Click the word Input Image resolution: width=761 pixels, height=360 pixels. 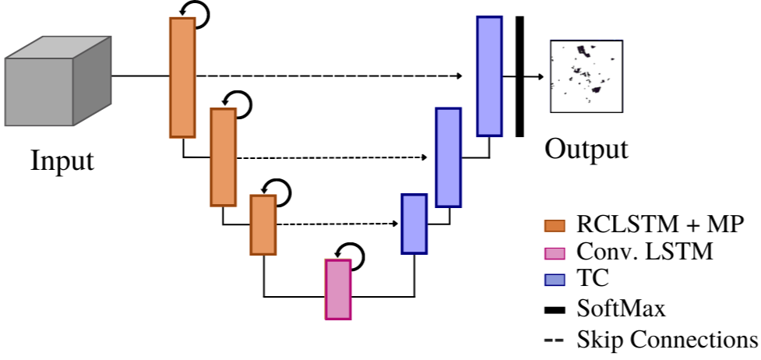(x=62, y=161)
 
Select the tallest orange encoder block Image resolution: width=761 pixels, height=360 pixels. (x=182, y=77)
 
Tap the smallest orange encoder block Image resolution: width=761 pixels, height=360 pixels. (x=263, y=224)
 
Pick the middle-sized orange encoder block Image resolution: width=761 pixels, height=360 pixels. (x=223, y=157)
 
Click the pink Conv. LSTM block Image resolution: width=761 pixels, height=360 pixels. (x=338, y=289)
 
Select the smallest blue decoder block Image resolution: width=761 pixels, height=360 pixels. (x=414, y=224)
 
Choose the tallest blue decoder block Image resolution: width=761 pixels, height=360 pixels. (x=489, y=76)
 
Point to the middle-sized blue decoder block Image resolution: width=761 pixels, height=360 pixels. (x=448, y=157)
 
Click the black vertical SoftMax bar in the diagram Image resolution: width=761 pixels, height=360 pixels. (x=520, y=76)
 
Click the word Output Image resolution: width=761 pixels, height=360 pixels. (x=586, y=148)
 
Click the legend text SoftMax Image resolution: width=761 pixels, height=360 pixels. (x=621, y=309)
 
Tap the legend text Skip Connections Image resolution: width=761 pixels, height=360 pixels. (x=667, y=339)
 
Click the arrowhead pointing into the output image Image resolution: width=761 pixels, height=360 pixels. (x=539, y=76)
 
